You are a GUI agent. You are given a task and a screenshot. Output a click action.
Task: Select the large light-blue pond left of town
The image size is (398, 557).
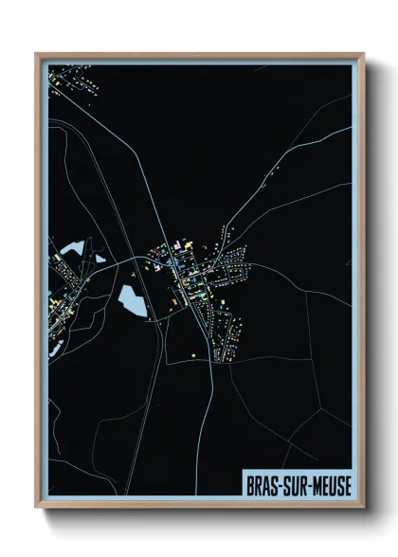click(x=131, y=301)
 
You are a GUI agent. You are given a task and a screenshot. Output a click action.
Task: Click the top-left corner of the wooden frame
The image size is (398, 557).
click(x=37, y=54)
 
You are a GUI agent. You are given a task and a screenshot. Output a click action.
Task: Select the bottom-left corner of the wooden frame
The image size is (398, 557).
click(x=37, y=507)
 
